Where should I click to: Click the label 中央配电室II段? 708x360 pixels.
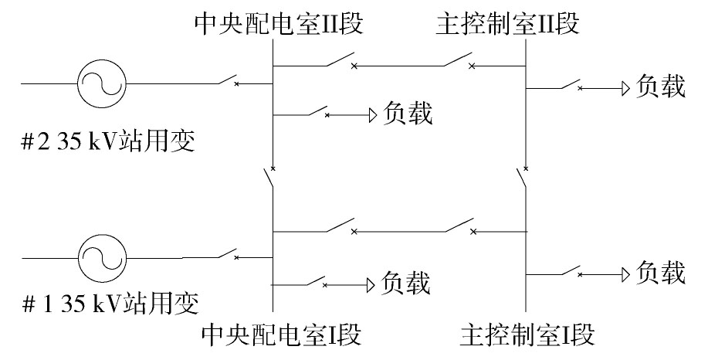(x=279, y=23)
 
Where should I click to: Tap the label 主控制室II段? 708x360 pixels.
(x=507, y=23)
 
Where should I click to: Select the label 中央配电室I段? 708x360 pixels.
(x=281, y=335)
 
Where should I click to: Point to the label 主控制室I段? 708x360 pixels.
(x=527, y=335)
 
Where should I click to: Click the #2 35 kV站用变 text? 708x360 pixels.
(x=108, y=141)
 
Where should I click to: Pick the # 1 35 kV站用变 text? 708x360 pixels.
(x=110, y=303)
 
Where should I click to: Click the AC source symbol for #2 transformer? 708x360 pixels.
(x=102, y=83)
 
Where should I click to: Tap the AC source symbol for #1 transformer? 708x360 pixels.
(x=103, y=258)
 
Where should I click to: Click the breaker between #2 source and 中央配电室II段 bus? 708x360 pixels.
(x=229, y=80)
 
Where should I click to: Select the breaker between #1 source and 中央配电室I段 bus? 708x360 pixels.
(x=229, y=254)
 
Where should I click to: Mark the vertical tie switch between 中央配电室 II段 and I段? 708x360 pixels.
(x=269, y=177)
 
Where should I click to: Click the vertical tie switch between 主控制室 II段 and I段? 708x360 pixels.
(x=522, y=177)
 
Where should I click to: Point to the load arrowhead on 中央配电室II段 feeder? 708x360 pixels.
(x=373, y=116)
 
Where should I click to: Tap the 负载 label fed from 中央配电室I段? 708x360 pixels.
(x=405, y=283)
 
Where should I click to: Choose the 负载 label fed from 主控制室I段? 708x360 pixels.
(x=661, y=273)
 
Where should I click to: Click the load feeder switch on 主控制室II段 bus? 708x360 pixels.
(x=572, y=84)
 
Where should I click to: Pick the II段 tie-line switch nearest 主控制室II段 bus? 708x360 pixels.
(x=459, y=60)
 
